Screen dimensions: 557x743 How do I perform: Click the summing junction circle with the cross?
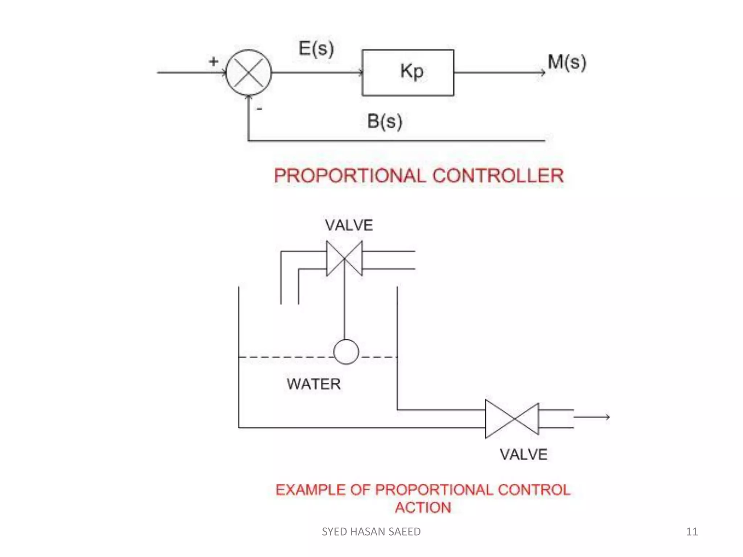pos(249,73)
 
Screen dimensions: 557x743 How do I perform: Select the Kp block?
pos(408,73)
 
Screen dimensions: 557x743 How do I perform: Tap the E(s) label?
pos(316,49)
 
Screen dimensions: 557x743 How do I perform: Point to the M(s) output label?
pos(567,62)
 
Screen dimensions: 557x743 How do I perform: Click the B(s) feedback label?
pos(385,121)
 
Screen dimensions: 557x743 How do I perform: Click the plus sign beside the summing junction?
pos(214,61)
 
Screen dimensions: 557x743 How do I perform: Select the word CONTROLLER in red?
pos(498,176)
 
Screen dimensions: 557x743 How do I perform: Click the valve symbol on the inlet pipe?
pos(344,259)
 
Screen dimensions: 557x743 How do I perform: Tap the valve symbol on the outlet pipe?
pos(512,419)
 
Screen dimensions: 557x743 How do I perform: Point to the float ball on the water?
pos(346,352)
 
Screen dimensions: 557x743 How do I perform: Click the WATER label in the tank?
pos(314,384)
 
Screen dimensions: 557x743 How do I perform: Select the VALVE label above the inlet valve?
pos(349,225)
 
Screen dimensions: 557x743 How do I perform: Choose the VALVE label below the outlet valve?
pos(524,454)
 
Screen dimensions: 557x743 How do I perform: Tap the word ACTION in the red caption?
pos(423,508)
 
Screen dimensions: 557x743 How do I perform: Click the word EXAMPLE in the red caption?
pos(310,490)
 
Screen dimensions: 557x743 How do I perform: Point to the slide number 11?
pos(692,532)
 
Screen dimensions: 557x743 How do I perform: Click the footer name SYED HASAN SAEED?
pos(371,532)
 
